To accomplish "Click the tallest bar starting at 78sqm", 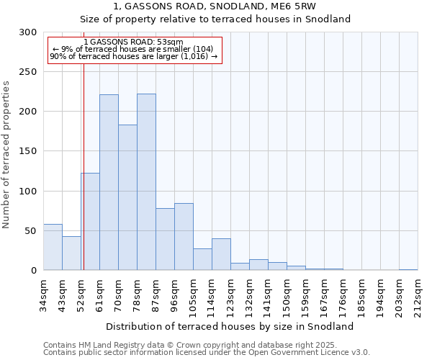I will point(146,182).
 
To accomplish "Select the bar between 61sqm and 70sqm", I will point(109,182).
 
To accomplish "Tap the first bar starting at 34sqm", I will point(53,247).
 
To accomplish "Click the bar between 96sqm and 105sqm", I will point(184,237).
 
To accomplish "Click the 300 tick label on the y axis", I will point(27,32).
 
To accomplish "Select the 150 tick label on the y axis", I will point(27,151).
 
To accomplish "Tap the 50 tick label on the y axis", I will point(30,231).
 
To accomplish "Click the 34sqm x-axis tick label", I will point(44,294).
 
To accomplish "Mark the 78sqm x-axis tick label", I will point(138,294).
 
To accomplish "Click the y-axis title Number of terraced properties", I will point(6,155).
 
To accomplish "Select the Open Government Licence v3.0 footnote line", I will point(207,353).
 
